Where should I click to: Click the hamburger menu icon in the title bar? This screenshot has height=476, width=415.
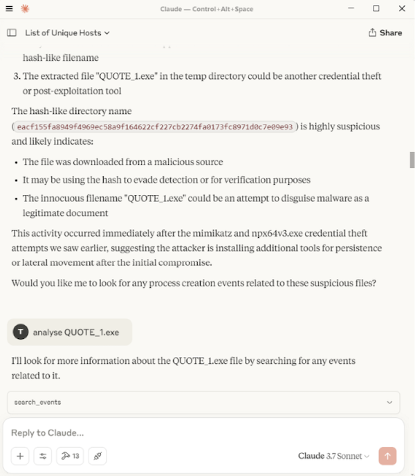pos(9,8)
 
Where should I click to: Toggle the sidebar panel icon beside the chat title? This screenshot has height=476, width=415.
pos(12,33)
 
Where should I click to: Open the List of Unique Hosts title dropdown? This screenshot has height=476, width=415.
pos(67,33)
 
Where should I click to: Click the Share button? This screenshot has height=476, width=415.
pos(385,33)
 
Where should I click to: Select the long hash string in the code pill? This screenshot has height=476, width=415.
pos(155,127)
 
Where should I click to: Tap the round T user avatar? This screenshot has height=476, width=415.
pos(21,332)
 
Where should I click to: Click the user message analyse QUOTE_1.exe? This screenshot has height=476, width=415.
pos(76,332)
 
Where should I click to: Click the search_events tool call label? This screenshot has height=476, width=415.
pos(37,402)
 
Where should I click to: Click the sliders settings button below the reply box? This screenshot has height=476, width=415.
pos(43,456)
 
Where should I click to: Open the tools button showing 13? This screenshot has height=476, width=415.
pos(71,456)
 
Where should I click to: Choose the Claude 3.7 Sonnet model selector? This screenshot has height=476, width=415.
pos(333,456)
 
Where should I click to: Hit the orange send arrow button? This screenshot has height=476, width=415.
pos(387,456)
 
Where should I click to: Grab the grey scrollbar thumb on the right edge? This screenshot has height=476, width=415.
pos(412,160)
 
